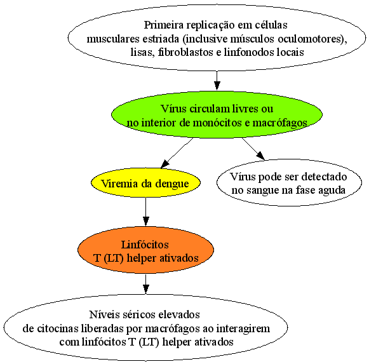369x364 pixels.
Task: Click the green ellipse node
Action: pyautogui.click(x=217, y=114)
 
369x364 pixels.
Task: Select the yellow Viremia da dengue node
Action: pyautogui.click(x=145, y=183)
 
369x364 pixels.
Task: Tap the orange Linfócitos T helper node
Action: pyautogui.click(x=145, y=250)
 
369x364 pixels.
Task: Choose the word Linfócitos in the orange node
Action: pyautogui.click(x=145, y=245)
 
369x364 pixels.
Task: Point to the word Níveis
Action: pyautogui.click(x=103, y=314)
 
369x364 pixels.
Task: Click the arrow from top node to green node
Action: pyautogui.click(x=217, y=81)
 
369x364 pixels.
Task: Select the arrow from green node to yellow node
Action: pyautogui.click(x=177, y=153)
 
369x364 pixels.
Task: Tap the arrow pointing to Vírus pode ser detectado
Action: pyautogui.click(x=253, y=149)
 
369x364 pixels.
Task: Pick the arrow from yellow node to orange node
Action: pyautogui.click(x=145, y=212)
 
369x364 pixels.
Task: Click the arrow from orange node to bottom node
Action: pyautogui.click(x=145, y=284)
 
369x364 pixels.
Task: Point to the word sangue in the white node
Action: pyautogui.click(x=261, y=191)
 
